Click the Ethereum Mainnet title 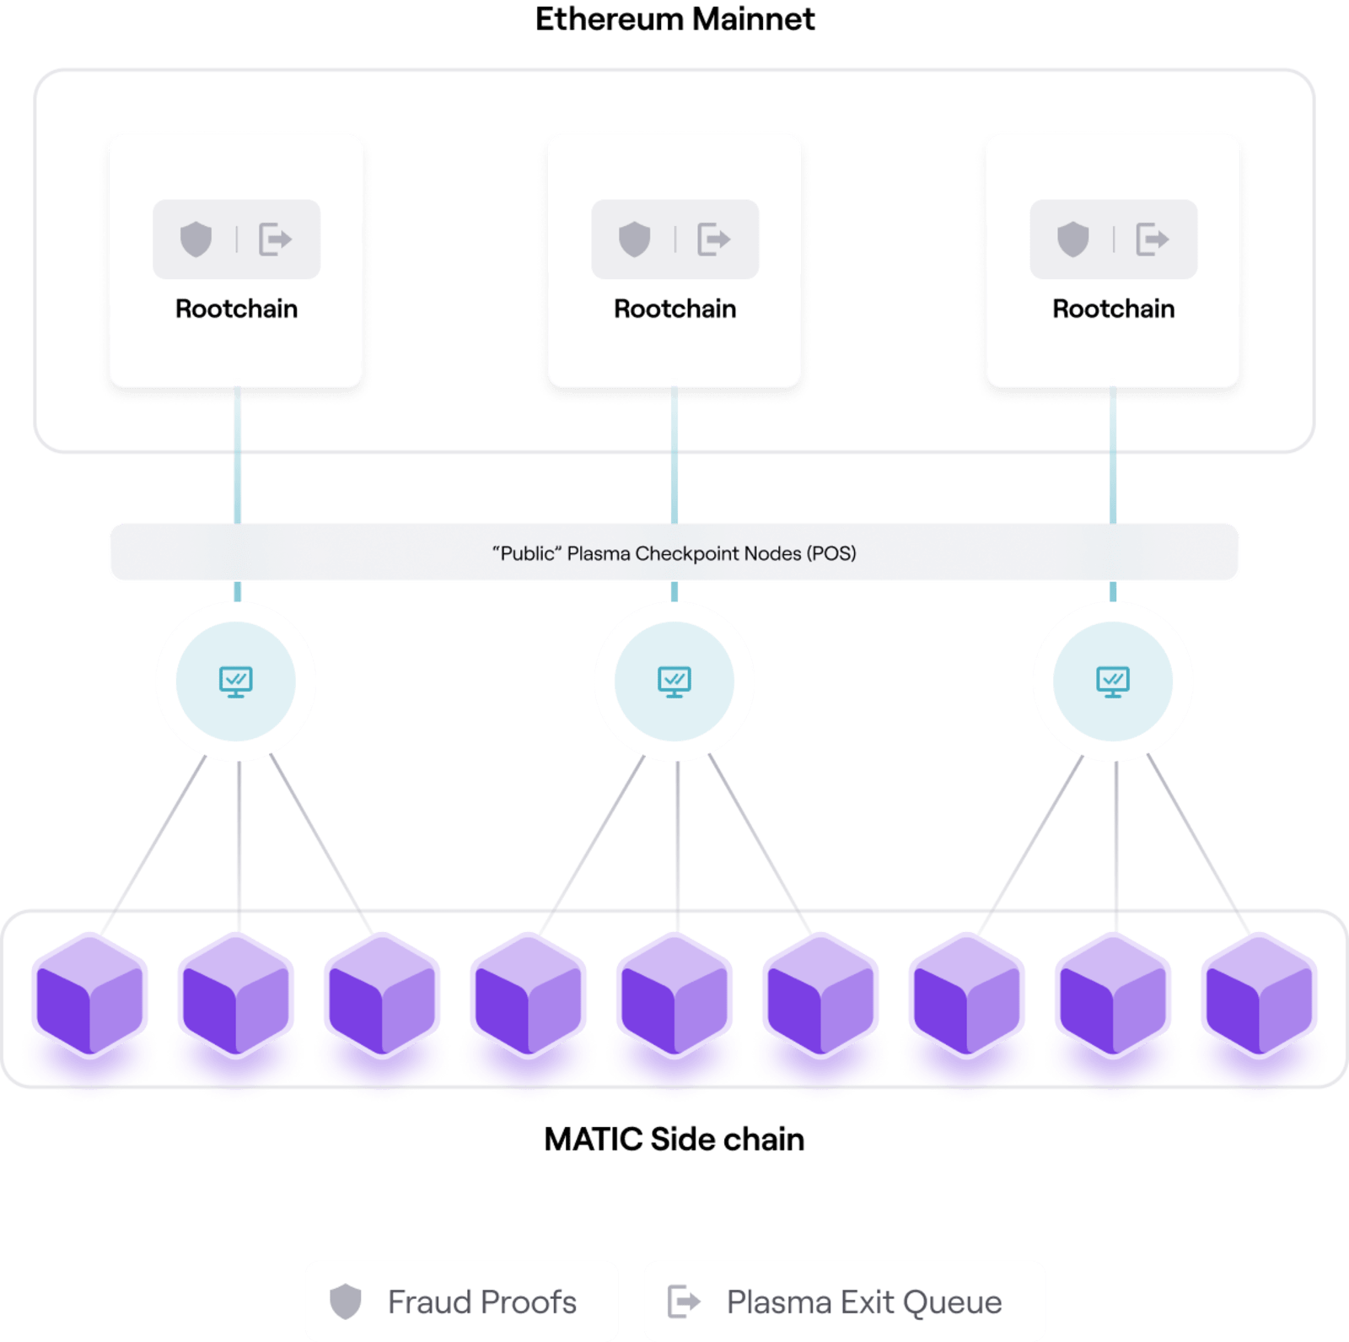tap(674, 19)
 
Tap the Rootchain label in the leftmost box tap(236, 309)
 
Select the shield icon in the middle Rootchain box tap(634, 240)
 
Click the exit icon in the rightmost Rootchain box tap(1152, 240)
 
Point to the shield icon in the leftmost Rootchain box tap(196, 240)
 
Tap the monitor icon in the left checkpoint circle tap(236, 681)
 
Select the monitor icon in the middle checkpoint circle tap(674, 681)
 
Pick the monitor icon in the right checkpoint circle tap(1113, 681)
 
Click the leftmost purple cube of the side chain tap(89, 995)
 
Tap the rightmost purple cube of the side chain tap(1259, 995)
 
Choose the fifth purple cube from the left tap(674, 995)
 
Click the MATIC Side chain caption tap(674, 1140)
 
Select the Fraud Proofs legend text tap(482, 1302)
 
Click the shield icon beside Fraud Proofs tap(346, 1302)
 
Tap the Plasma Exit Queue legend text tap(864, 1302)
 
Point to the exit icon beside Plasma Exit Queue tap(684, 1302)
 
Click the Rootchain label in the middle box tap(674, 309)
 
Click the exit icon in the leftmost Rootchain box tap(275, 240)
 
